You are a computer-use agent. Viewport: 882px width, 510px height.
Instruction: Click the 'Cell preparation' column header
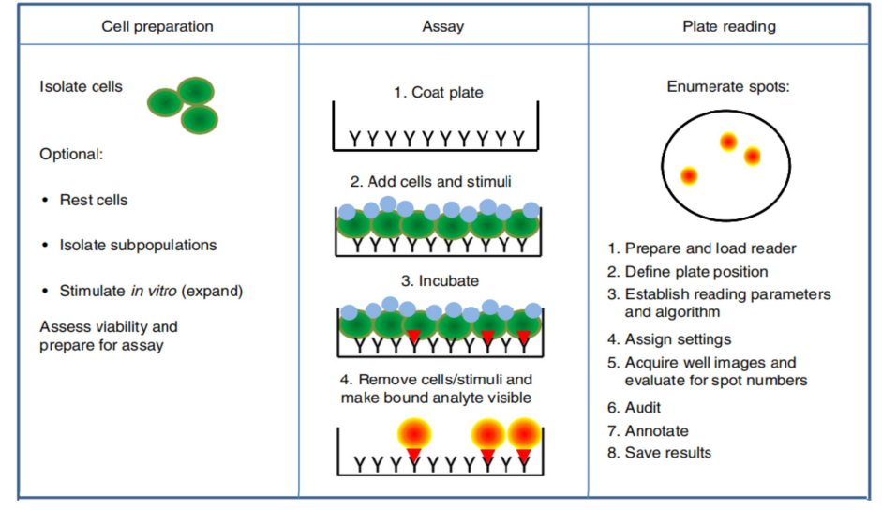pos(157,26)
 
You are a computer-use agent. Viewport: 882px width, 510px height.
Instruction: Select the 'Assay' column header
pos(443,26)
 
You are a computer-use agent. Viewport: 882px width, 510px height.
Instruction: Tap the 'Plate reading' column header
pos(729,26)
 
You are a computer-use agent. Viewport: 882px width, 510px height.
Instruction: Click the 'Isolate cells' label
pos(81,86)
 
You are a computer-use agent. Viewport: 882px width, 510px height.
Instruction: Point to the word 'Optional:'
pos(71,155)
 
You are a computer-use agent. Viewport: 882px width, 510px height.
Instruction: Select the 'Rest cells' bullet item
pos(94,200)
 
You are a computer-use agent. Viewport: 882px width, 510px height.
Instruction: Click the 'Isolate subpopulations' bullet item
pos(138,245)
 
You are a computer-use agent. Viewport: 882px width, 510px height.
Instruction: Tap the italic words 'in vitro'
pos(154,291)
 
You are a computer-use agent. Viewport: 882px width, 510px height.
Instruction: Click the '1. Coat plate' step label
pos(438,92)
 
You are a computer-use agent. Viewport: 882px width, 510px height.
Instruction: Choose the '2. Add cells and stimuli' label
pos(430,182)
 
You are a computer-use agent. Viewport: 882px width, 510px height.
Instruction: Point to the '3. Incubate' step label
pos(440,281)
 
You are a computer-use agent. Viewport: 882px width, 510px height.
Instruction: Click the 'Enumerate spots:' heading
pos(728,86)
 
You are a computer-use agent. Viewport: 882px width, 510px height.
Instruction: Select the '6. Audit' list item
pos(634,408)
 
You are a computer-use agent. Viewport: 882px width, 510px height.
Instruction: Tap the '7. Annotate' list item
pos(648,431)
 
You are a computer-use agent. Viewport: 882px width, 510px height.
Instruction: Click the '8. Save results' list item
pos(659,453)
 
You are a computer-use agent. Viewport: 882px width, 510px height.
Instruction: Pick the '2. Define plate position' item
pos(687,272)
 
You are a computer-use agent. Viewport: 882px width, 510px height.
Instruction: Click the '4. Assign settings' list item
pos(669,339)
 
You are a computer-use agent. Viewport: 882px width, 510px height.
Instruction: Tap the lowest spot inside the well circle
pos(689,176)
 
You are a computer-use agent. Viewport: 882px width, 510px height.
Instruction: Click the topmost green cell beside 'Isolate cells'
pos(196,92)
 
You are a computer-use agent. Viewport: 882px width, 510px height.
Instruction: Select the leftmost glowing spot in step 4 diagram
pos(414,434)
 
